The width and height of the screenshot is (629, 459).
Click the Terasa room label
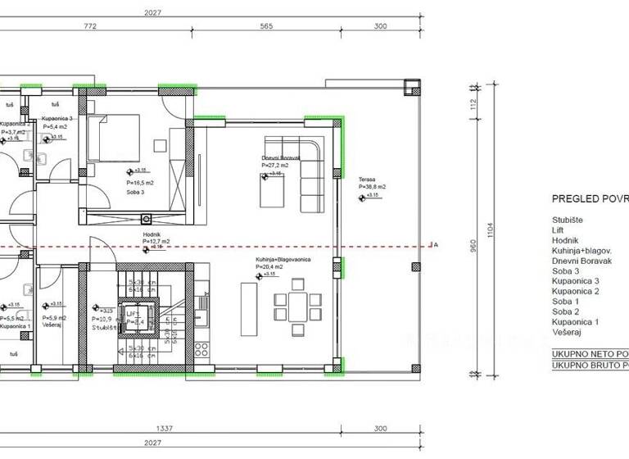pos(367,179)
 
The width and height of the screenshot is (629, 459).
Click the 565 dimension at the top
pos(266,26)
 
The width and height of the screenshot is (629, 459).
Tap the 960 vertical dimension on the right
pos(473,252)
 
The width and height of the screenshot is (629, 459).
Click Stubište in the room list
pos(568,220)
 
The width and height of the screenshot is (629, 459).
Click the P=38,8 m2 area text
pos(372,187)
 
